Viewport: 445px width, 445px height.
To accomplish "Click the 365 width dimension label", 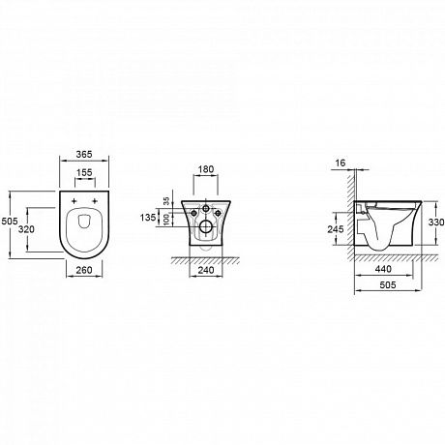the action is [x=84, y=154].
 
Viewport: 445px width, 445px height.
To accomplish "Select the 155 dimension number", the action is [x=84, y=172].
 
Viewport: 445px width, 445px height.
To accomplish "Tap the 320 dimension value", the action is [x=26, y=229].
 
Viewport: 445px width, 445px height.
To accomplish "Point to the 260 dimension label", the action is [x=84, y=270].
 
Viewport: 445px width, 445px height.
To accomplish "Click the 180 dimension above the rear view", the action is [x=205, y=169].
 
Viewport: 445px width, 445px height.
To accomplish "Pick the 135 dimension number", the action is [x=148, y=218].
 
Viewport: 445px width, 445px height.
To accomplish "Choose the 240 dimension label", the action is [x=206, y=270].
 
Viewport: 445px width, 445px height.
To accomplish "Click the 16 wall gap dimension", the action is [x=340, y=163].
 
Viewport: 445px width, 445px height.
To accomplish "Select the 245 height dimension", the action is [x=336, y=229].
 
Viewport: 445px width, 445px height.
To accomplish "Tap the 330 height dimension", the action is [x=436, y=222].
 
